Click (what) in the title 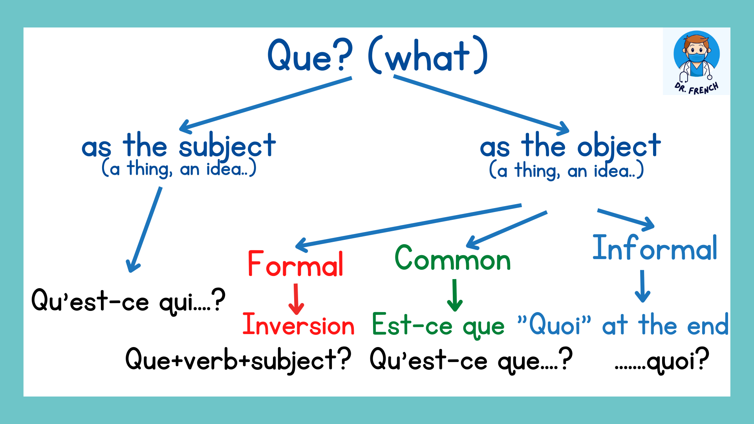point(428,56)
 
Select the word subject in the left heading point(227,146)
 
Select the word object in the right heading point(619,146)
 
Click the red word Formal point(295,264)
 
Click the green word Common point(452,258)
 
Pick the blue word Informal point(655,248)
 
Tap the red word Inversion point(298,325)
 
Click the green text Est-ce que point(438,325)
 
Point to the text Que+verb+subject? point(238,360)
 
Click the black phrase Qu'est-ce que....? point(471,360)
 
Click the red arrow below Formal point(296,299)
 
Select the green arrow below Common point(455,295)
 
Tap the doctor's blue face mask point(697,58)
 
